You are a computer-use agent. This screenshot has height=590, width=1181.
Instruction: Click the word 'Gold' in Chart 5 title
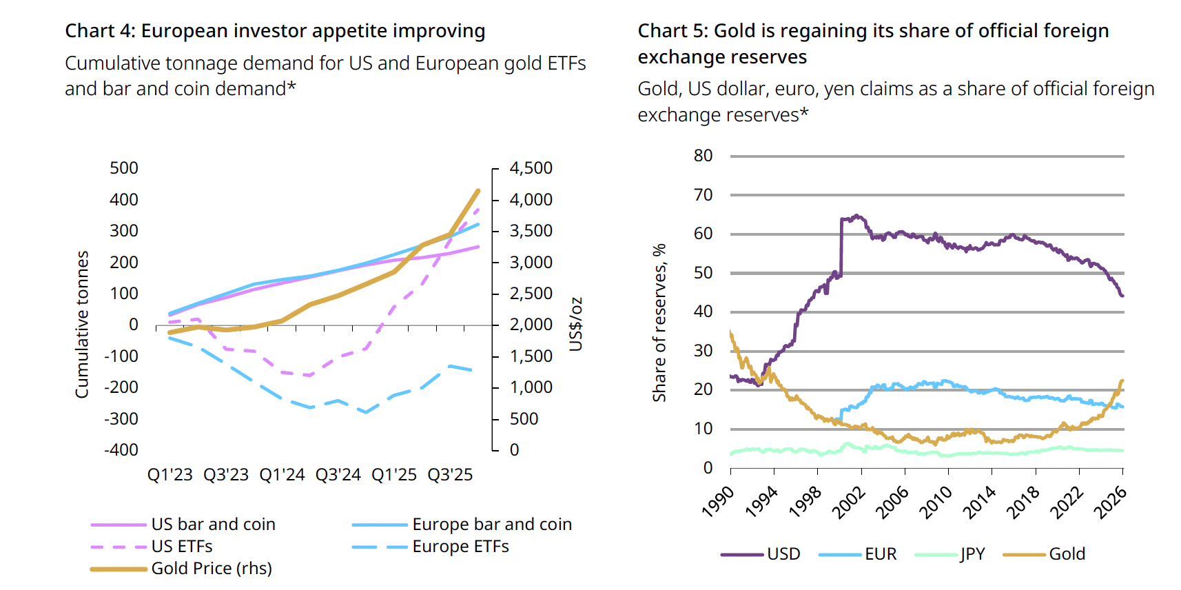point(734,31)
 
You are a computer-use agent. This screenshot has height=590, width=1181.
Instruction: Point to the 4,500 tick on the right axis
point(531,168)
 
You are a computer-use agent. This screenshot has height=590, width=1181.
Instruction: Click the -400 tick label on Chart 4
point(121,450)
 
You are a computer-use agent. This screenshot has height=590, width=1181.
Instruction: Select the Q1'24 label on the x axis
point(282,475)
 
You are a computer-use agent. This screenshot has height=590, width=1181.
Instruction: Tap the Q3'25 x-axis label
point(450,475)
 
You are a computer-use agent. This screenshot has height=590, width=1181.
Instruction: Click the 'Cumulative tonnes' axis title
point(82,324)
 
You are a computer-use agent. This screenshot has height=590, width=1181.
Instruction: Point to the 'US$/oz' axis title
point(576,324)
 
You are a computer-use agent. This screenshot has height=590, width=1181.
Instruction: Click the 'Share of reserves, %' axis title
point(659,323)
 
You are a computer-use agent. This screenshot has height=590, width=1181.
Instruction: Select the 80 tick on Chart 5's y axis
point(703,156)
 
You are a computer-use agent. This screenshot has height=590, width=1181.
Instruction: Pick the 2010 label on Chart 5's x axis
point(936,502)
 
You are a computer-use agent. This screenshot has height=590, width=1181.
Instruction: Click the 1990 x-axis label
point(718,502)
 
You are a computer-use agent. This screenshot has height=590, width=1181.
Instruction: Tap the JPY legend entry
point(972,554)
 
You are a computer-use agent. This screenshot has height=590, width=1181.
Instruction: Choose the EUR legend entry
point(881,554)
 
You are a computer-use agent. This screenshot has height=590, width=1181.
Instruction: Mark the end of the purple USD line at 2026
point(1122,296)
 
